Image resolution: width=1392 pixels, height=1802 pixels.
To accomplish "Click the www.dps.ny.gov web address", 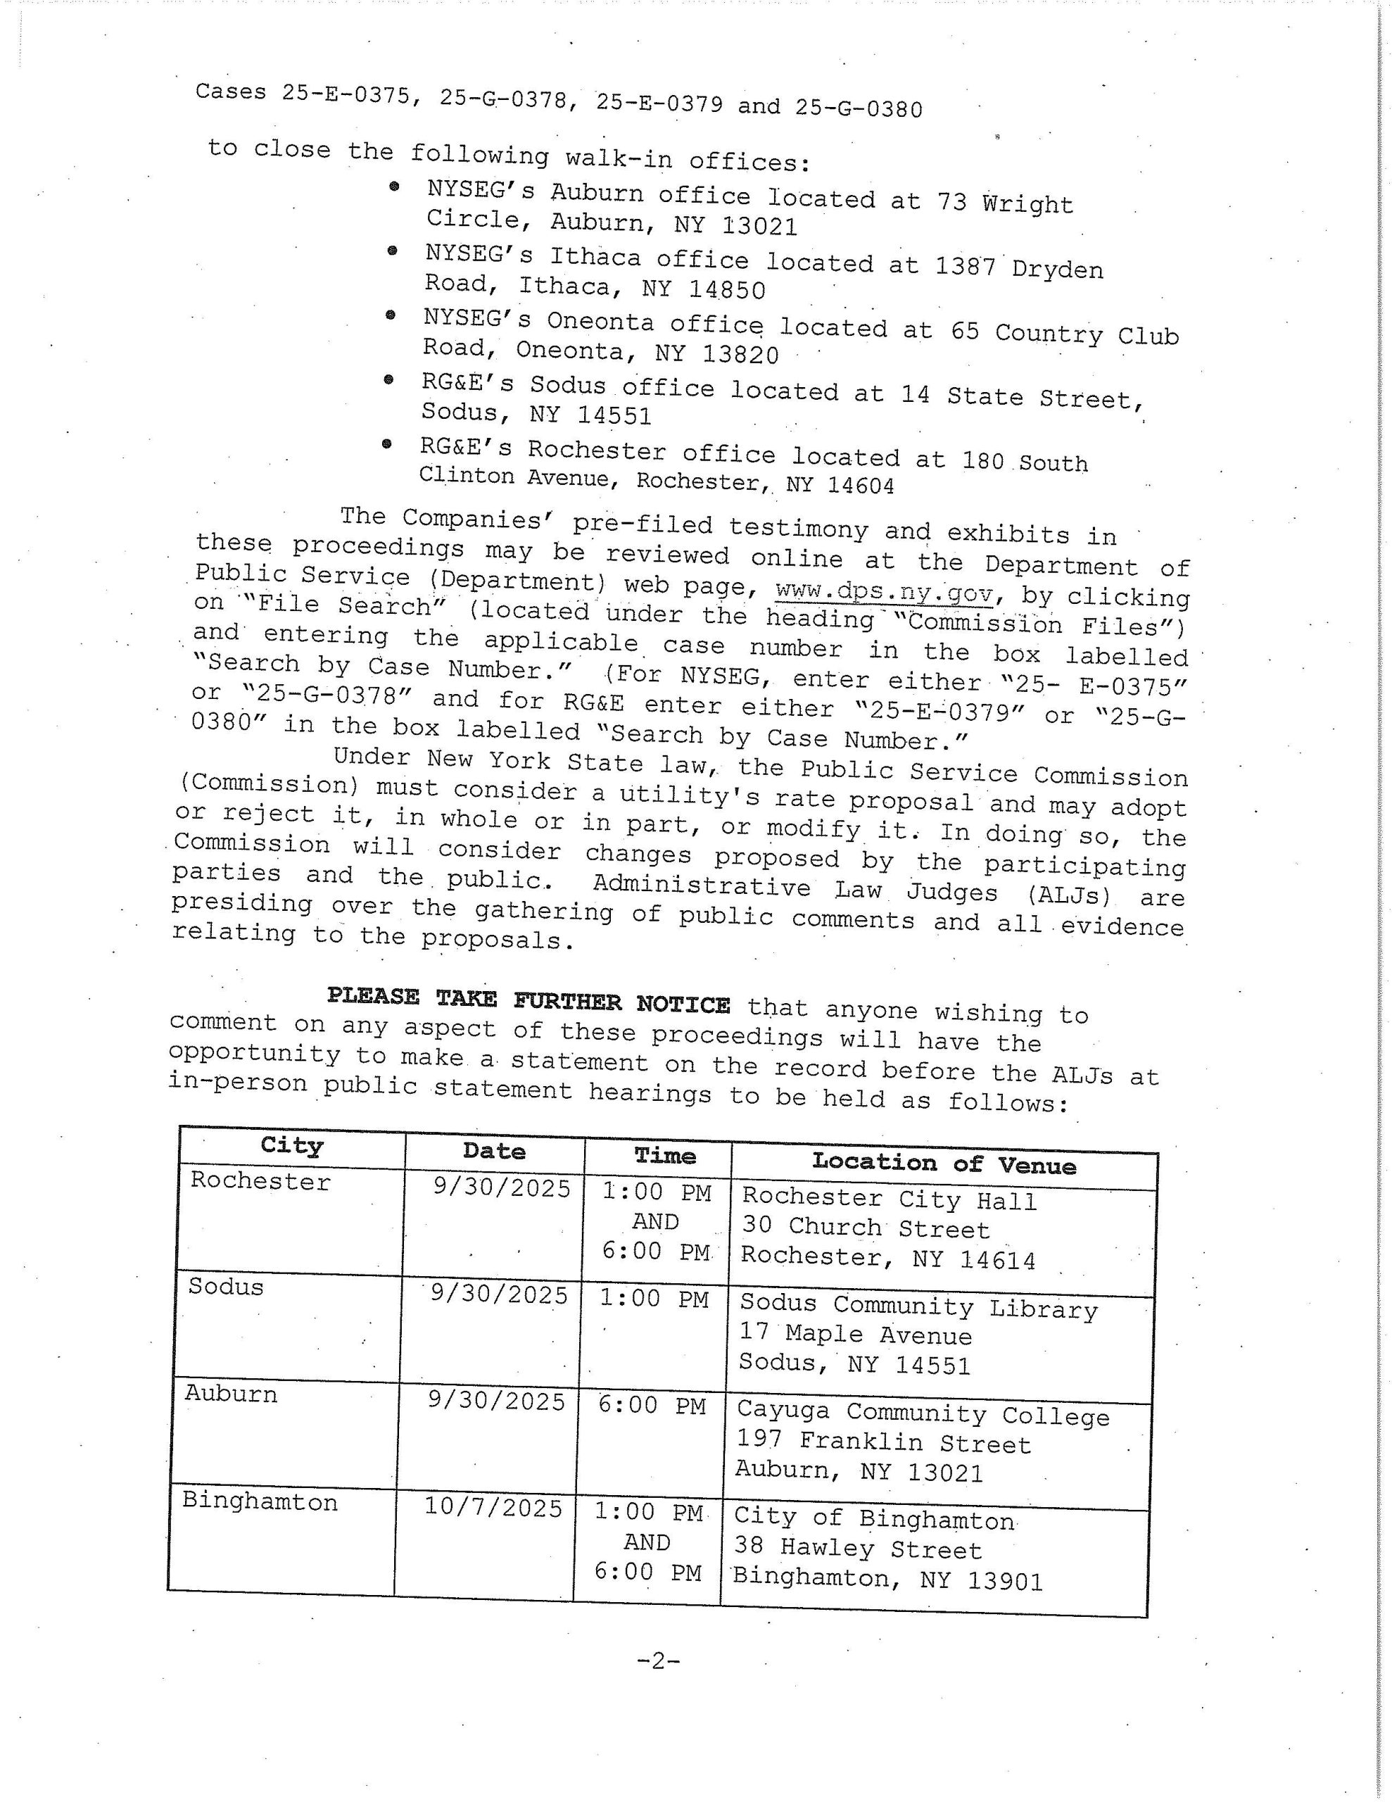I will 885,591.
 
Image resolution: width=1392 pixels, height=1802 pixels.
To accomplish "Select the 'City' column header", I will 291,1146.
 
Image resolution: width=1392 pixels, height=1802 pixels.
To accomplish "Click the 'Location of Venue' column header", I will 944,1164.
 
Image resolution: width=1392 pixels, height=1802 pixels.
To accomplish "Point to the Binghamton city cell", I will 260,1501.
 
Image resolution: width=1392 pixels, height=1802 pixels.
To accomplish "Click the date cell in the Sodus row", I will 499,1294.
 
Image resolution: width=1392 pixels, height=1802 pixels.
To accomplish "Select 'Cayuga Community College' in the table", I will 923,1414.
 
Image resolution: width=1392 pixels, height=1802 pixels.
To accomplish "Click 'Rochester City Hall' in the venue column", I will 889,1199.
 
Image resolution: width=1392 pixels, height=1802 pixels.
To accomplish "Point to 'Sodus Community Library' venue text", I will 918,1307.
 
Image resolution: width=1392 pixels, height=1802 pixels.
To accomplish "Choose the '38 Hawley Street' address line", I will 858,1549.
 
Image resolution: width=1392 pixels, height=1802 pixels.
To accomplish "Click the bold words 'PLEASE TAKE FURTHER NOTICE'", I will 528,1001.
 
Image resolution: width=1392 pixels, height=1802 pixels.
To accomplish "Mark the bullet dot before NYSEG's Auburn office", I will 394,187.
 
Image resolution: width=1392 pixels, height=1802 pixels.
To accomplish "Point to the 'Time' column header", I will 665,1155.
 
